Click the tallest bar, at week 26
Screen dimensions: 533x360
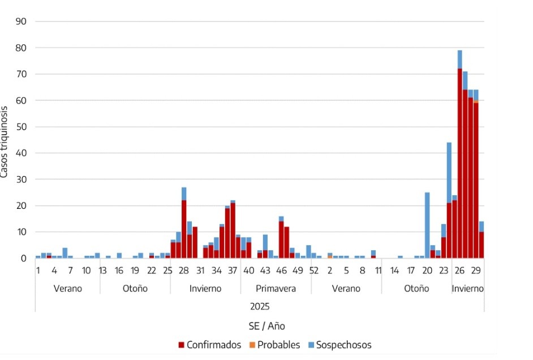(x=459, y=155)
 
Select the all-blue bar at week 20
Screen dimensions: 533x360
(x=427, y=225)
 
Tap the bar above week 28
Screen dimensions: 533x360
(x=184, y=222)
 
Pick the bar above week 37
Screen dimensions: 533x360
(x=233, y=229)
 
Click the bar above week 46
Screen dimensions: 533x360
(x=281, y=237)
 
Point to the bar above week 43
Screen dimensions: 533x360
(x=265, y=246)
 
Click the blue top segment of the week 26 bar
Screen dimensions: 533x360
(x=459, y=59)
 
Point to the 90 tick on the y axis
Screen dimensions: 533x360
(x=21, y=22)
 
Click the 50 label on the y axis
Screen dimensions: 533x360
(x=21, y=127)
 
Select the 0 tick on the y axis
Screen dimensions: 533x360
(x=23, y=258)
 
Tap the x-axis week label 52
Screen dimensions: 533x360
(x=314, y=271)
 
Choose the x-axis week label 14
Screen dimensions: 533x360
(x=394, y=271)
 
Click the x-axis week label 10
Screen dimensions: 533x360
(x=87, y=271)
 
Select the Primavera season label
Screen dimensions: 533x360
(x=276, y=289)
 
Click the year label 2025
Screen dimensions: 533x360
(x=260, y=307)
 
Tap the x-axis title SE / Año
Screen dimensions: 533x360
(x=267, y=326)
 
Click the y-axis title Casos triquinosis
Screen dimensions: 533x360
(x=4, y=142)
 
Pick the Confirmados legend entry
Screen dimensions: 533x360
(x=210, y=345)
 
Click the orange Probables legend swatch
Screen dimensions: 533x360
(x=252, y=345)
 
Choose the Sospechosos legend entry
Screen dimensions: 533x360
(x=339, y=345)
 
